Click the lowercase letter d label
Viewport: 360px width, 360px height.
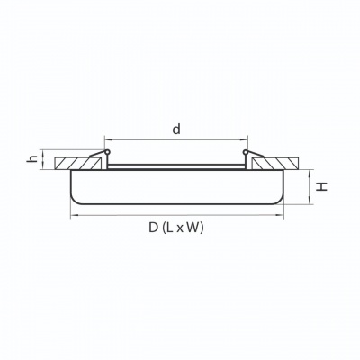click(176, 130)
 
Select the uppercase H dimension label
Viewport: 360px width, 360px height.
click(322, 186)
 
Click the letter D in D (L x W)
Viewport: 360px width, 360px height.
click(153, 228)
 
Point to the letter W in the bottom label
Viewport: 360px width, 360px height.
click(193, 228)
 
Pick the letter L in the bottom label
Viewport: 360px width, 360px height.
click(170, 228)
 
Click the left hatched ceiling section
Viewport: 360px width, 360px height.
click(77, 164)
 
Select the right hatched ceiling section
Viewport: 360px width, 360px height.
click(276, 164)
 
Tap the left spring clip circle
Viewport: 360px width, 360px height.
click(106, 152)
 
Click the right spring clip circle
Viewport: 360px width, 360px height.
click(246, 152)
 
